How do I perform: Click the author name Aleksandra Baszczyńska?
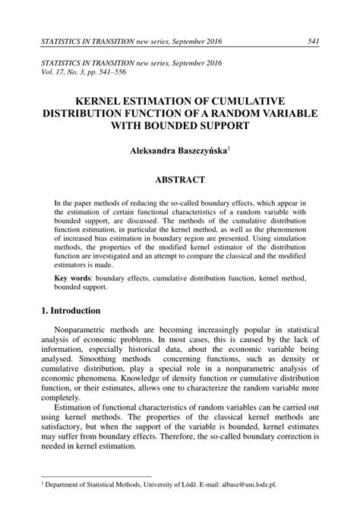pyautogui.click(x=180, y=151)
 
